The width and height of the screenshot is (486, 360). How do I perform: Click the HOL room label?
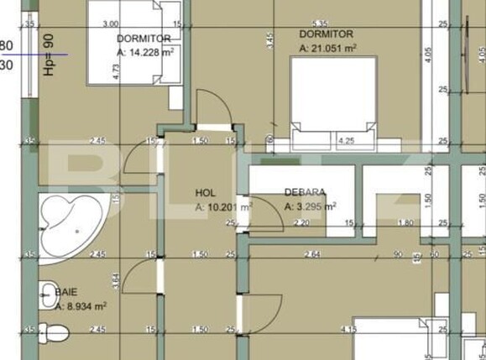tap(206, 192)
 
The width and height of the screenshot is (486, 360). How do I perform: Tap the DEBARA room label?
tap(305, 192)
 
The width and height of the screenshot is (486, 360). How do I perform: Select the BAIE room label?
tap(66, 291)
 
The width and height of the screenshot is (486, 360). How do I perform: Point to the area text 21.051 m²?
tap(328, 49)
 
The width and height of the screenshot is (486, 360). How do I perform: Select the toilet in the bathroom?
tap(53, 333)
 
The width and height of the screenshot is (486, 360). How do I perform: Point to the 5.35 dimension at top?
tap(320, 23)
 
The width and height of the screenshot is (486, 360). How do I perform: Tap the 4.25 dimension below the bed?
tap(345, 140)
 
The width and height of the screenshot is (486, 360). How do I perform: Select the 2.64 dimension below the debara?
tap(311, 254)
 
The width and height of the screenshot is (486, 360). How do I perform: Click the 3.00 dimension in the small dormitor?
tap(110, 24)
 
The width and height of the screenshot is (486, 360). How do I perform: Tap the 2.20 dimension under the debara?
tap(301, 223)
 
